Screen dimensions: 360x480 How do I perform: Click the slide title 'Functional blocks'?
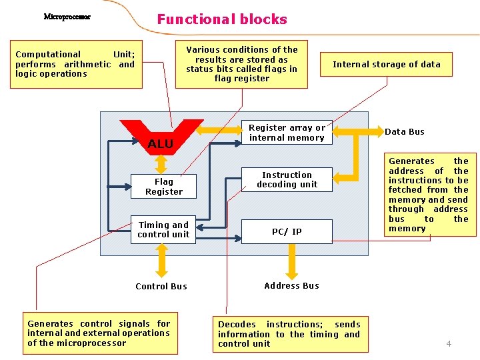222,19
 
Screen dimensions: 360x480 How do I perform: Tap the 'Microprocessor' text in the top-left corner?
67,17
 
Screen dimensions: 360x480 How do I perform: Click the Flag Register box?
163,187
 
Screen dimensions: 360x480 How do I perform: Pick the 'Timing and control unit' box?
163,230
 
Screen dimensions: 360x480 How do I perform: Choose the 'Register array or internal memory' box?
287,133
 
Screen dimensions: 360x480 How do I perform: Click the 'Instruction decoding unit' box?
287,180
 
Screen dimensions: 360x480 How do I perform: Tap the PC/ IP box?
287,232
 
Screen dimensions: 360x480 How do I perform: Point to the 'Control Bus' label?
161,287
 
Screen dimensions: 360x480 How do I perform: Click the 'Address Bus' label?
291,286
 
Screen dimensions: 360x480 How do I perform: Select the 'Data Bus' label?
404,132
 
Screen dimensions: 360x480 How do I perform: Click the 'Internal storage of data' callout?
387,65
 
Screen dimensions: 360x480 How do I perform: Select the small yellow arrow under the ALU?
161,163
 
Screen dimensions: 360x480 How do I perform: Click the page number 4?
449,344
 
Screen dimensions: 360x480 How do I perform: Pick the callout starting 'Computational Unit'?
75,65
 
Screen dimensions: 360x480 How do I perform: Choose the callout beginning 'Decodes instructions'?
289,334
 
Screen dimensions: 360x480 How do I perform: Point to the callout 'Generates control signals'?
99,333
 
